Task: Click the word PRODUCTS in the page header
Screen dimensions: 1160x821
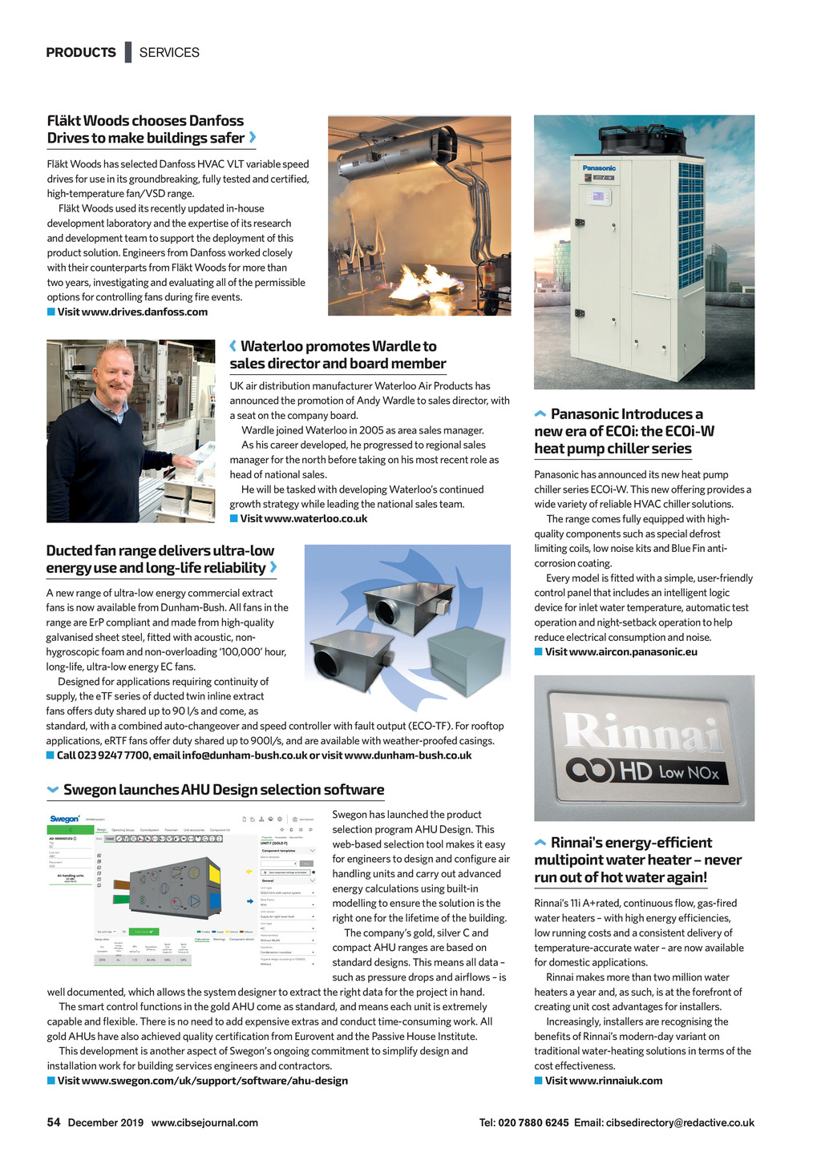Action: (81, 53)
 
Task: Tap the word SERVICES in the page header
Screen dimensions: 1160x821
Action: (169, 53)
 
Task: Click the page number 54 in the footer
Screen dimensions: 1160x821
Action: (54, 1122)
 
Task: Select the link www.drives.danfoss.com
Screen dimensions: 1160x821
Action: (132, 312)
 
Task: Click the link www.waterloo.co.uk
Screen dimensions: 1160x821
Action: (304, 518)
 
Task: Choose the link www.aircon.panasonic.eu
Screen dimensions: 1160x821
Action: (621, 651)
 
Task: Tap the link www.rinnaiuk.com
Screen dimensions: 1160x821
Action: (604, 1081)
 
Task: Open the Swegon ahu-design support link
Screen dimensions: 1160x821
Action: (203, 1081)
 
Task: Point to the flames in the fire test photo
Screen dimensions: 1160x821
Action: (429, 280)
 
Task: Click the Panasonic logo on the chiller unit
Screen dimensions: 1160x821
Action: (599, 168)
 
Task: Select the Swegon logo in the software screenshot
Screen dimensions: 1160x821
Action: (65, 819)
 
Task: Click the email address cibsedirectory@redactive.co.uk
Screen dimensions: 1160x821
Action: (680, 1123)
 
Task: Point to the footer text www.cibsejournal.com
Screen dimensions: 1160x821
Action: (204, 1123)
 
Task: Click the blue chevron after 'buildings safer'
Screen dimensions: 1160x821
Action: (253, 138)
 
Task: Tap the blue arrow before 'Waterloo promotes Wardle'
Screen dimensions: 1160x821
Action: (233, 346)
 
